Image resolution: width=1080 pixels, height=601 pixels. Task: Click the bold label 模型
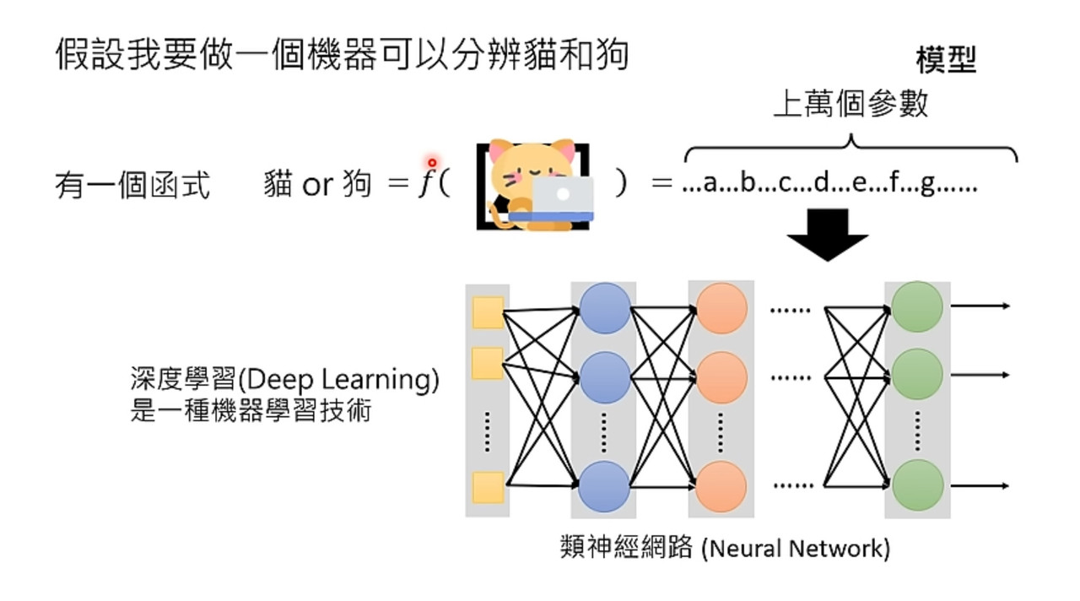coord(946,60)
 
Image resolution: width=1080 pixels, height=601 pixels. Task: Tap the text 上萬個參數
coord(850,104)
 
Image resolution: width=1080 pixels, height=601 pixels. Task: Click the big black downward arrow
coord(828,235)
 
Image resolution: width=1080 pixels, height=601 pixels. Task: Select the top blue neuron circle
coord(605,308)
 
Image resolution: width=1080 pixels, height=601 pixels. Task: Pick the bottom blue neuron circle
coord(603,486)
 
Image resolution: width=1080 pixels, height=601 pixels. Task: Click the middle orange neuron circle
coord(721,377)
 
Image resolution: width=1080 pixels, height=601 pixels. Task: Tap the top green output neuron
coord(917,306)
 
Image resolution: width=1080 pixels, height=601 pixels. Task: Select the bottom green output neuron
coord(917,485)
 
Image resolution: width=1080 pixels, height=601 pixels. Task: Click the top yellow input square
coord(488,312)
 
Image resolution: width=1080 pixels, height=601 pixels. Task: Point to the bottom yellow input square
coord(488,488)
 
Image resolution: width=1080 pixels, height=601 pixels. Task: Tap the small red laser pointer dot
coord(432,163)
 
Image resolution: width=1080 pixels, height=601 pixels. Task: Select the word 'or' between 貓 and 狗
coord(318,185)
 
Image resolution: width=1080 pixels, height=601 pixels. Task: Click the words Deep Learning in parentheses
coord(338,380)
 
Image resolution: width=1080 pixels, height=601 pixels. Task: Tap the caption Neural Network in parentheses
coord(796,550)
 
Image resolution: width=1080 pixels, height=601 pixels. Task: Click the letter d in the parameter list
coord(821,182)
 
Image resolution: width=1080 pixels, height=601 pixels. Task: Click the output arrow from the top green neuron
coord(980,306)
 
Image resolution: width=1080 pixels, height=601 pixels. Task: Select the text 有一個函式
coord(132,185)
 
